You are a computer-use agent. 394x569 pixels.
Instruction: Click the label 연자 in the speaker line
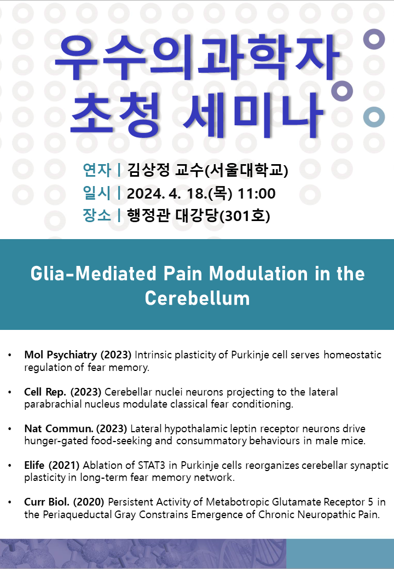tap(96, 170)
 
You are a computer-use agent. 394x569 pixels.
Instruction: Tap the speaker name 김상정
tap(148, 170)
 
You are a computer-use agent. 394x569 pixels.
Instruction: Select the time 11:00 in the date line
tap(257, 194)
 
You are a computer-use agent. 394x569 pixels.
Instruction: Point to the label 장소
tap(96, 215)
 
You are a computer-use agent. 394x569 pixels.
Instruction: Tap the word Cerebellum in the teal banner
tap(198, 298)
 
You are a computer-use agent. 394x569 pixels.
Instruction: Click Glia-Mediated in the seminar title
tap(93, 273)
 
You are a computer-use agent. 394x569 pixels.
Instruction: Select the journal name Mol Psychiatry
tap(61, 355)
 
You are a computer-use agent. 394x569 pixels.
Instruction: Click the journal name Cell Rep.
tap(45, 392)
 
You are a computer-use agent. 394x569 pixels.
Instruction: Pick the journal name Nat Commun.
tap(59, 428)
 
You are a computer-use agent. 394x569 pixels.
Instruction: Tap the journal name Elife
tap(34, 465)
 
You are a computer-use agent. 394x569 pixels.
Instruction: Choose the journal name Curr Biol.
tap(47, 502)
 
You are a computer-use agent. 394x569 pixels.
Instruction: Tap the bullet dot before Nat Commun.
tap(10, 429)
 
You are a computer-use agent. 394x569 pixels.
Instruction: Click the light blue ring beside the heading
tap(374, 117)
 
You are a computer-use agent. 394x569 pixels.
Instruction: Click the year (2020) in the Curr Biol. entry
tap(89, 502)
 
